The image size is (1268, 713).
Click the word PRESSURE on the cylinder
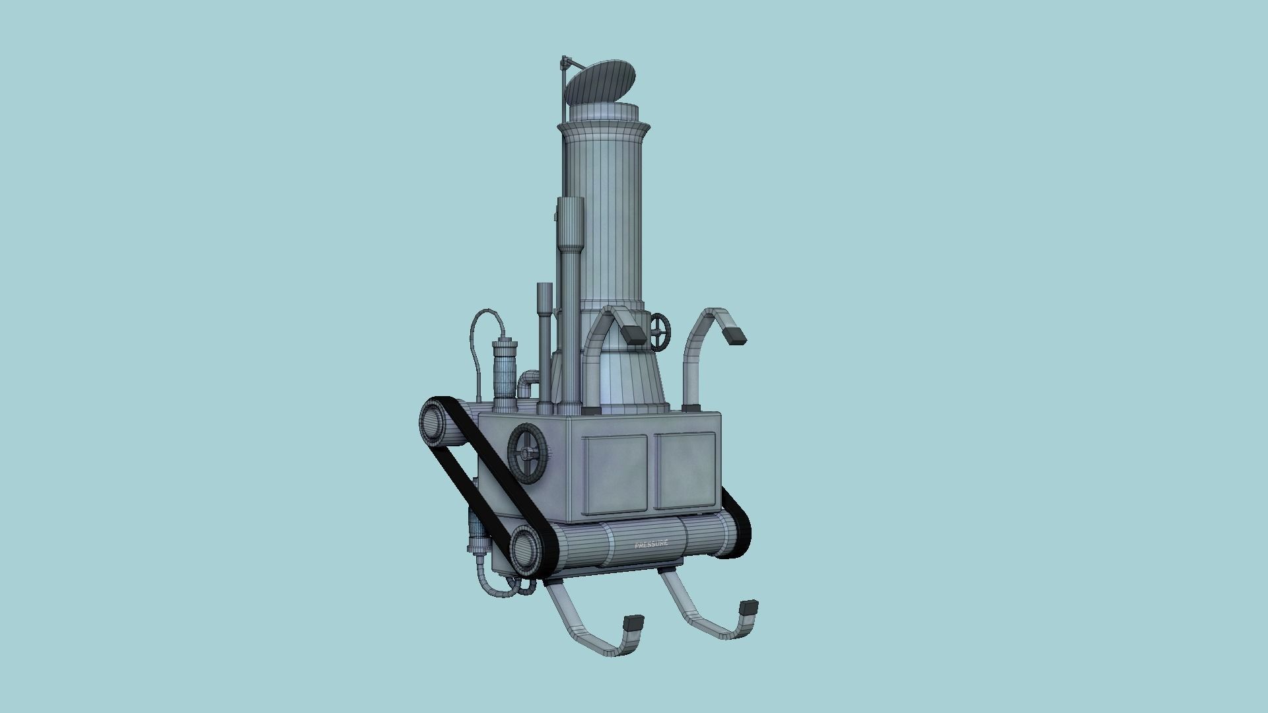651,544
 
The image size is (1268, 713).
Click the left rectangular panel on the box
616,475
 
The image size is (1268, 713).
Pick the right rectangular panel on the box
685,470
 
